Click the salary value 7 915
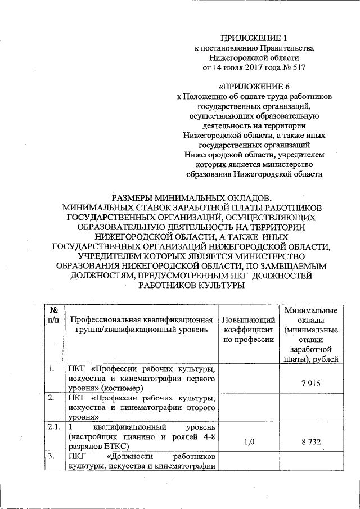[310, 383]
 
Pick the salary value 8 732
[310, 442]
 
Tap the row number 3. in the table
[52, 456]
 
